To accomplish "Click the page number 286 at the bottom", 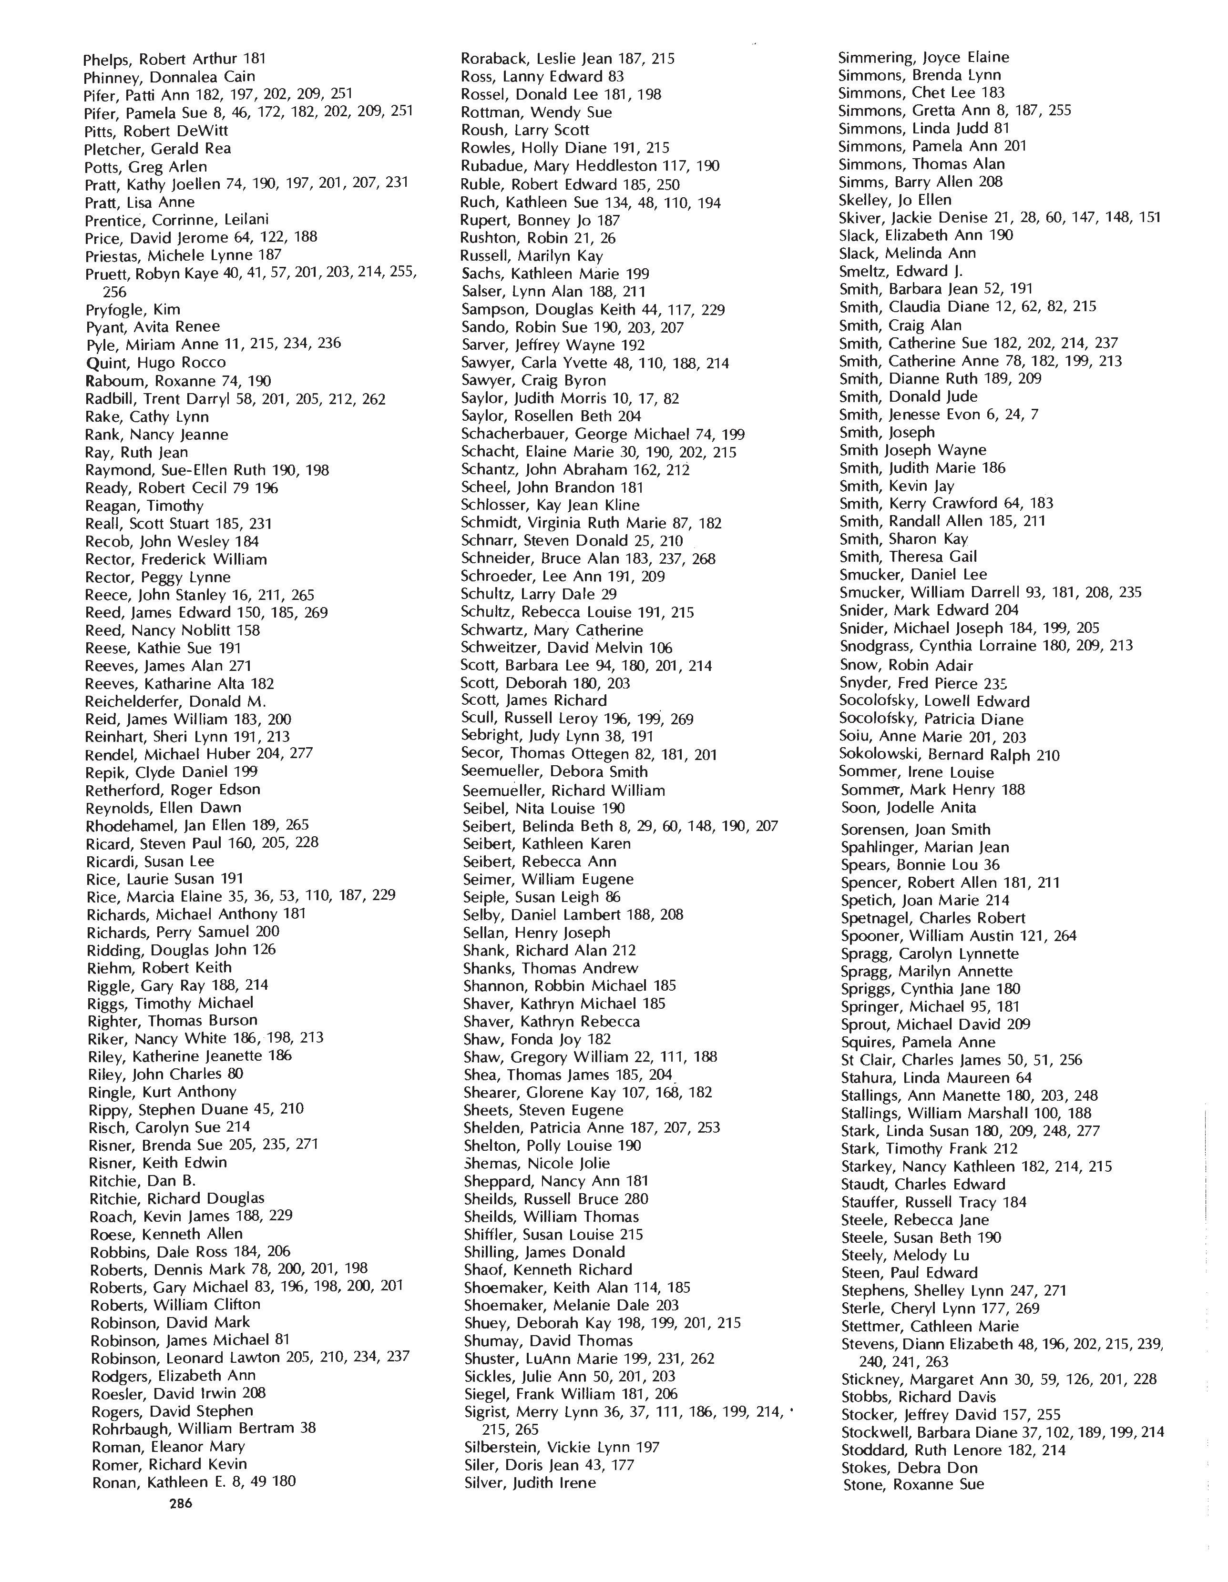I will coord(180,1503).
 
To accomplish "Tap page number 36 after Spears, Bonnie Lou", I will coord(992,865).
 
